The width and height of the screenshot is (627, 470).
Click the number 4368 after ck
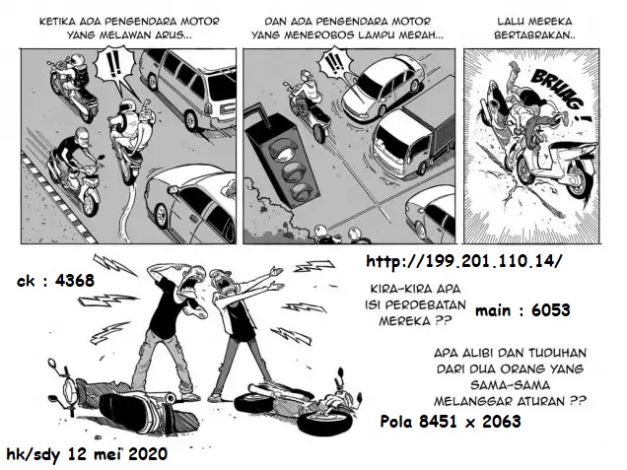(x=75, y=281)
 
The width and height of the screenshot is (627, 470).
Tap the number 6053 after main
(x=551, y=310)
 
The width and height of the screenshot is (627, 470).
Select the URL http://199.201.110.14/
(x=464, y=261)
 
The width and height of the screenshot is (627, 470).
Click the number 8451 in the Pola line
(x=438, y=422)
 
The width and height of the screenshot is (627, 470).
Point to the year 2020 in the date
(x=148, y=454)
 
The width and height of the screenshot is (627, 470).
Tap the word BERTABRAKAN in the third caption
(x=533, y=35)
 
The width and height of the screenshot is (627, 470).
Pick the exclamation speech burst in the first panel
(x=114, y=71)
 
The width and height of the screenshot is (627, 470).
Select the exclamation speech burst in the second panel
(x=334, y=64)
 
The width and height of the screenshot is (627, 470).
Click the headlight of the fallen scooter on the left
(x=70, y=389)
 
